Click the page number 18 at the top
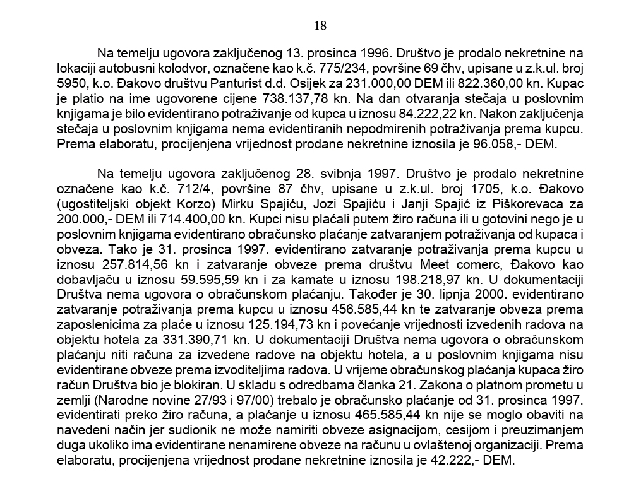320,26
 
